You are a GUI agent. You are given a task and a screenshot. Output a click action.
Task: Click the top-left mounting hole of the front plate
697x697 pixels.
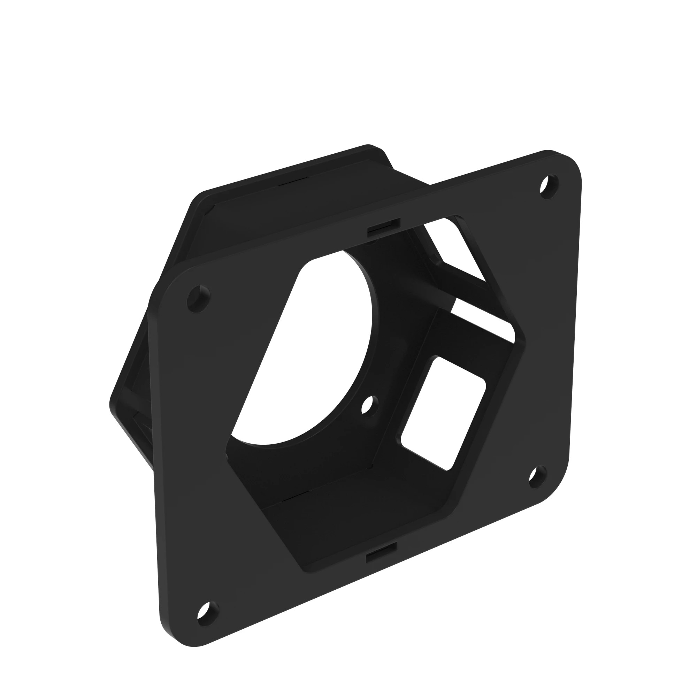coord(199,299)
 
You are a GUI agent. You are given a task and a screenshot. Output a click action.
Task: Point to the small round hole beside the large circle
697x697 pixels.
coord(370,406)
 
